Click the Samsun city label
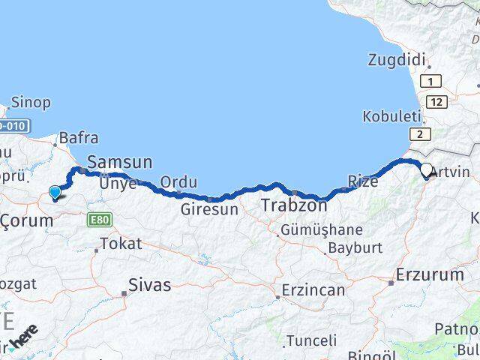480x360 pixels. pos(120,162)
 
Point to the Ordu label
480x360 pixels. pos(178,182)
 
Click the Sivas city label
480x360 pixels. pos(150,285)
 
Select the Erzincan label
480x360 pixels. pos(313,289)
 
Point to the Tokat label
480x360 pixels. pos(120,243)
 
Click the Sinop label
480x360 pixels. pos(31,102)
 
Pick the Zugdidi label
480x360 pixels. pos(397,60)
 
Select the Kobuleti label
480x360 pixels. pos(388,116)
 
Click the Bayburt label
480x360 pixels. pos(355,247)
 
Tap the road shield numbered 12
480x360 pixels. pos(439,100)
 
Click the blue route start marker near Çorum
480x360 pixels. pos(55,193)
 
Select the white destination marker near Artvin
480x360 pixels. pos(427,170)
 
